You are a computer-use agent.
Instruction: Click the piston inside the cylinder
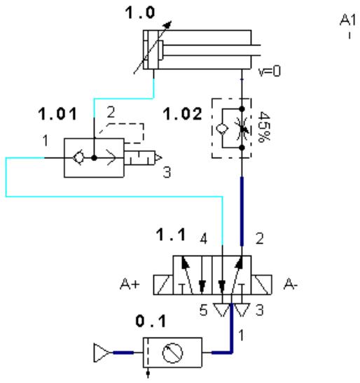point(160,50)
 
